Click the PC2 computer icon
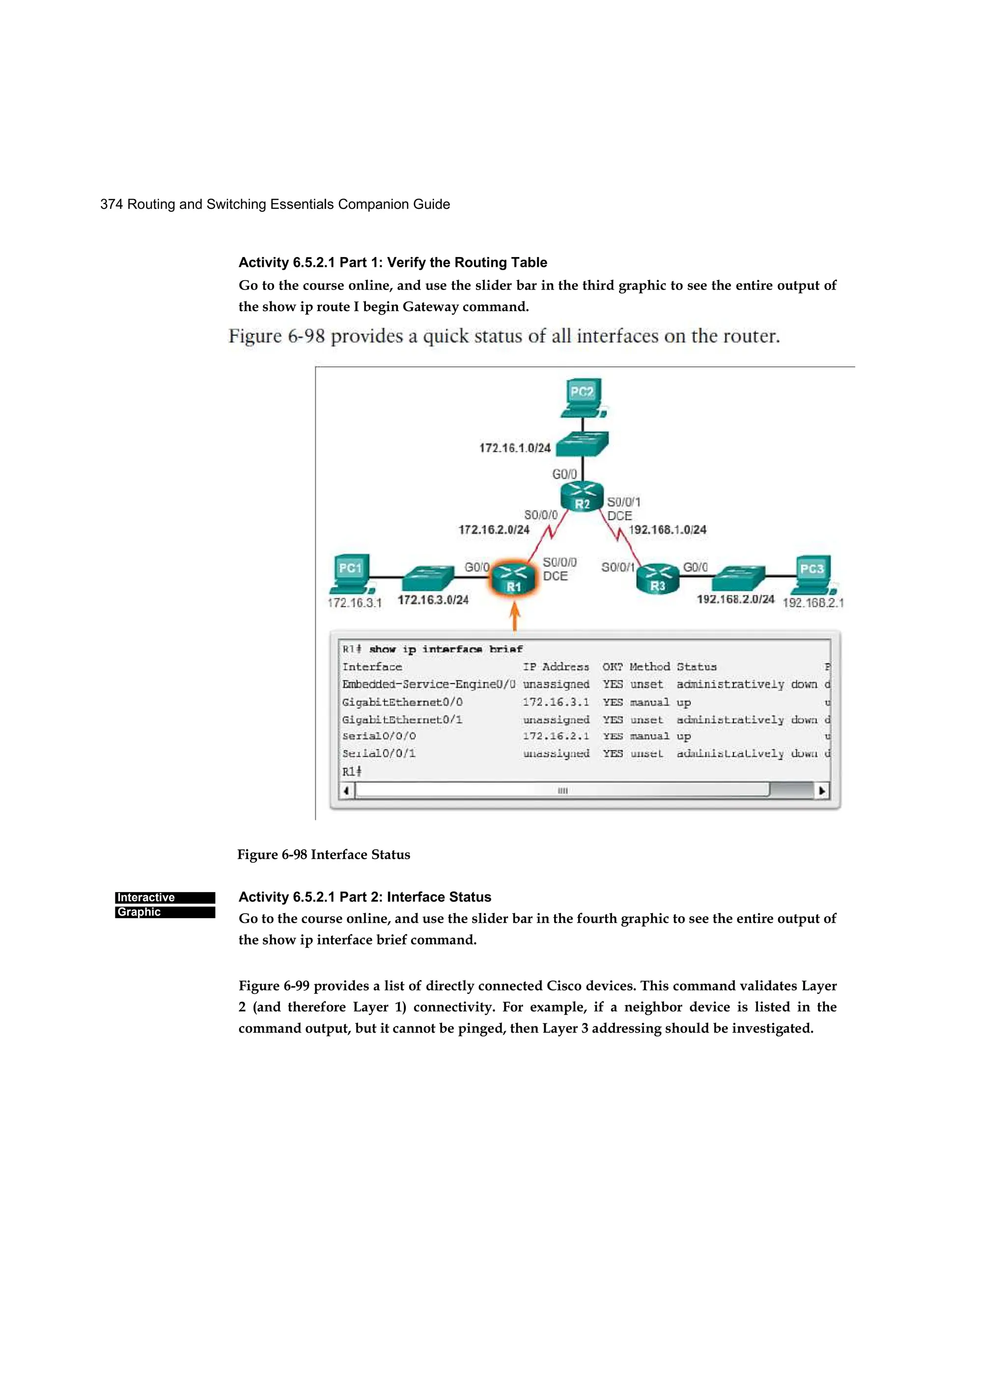click(x=583, y=398)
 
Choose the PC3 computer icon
click(x=812, y=575)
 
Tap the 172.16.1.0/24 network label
click(x=515, y=448)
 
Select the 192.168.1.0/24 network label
click(x=667, y=529)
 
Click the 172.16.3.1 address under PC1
click(x=354, y=603)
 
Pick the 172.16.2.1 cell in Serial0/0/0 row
click(x=556, y=736)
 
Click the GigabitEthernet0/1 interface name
click(x=402, y=720)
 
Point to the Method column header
click(x=649, y=667)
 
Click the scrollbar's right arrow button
click(x=822, y=791)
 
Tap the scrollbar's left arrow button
click(x=347, y=791)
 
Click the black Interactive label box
click(x=165, y=897)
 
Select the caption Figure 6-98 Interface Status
click(x=324, y=854)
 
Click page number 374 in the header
click(x=111, y=204)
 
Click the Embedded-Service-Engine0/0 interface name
click(x=428, y=685)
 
